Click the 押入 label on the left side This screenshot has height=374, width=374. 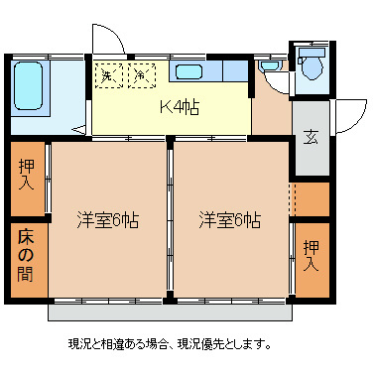point(28,175)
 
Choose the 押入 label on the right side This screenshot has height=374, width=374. point(312,256)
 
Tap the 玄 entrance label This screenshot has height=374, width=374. point(311,137)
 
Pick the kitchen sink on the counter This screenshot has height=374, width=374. point(187,71)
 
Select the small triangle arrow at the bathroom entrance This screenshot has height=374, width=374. point(79,129)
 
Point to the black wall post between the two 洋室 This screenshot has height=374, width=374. point(171,144)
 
